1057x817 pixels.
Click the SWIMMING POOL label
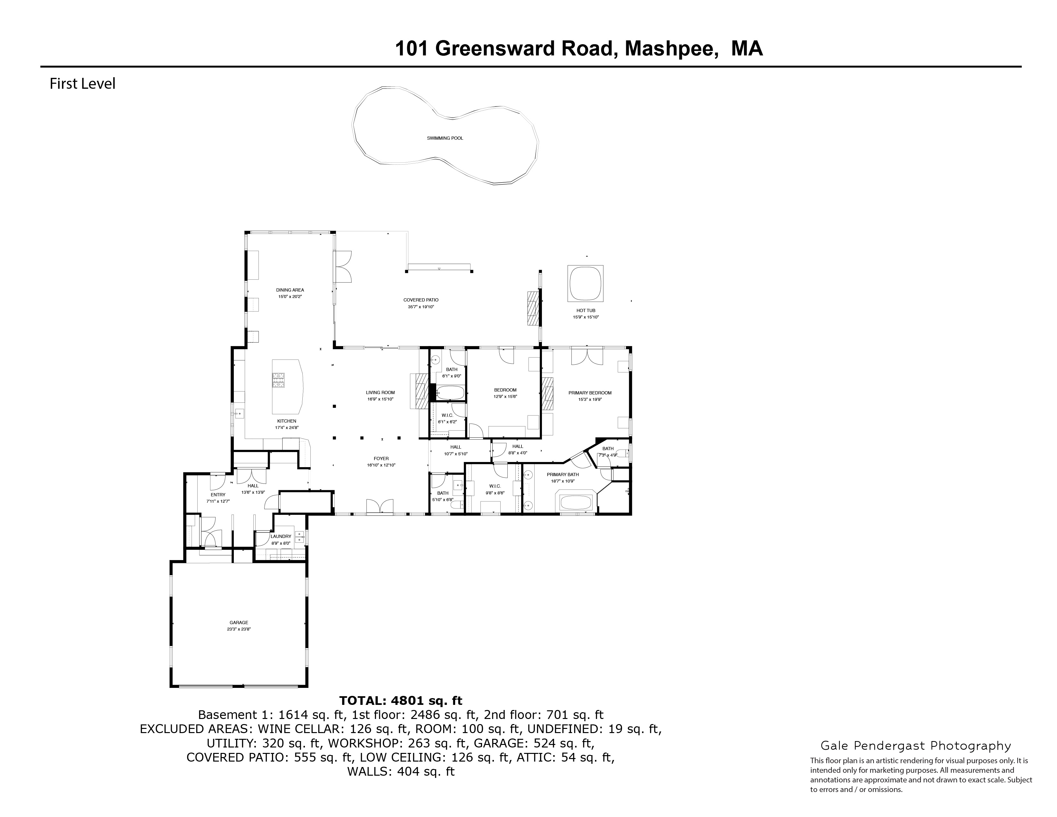(x=445, y=138)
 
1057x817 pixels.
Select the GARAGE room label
(x=239, y=623)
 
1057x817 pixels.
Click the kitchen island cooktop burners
(x=278, y=380)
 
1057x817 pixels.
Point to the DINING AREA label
(x=290, y=290)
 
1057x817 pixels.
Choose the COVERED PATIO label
(x=421, y=300)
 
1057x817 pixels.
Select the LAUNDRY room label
(x=281, y=536)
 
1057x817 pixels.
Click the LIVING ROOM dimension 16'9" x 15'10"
(x=380, y=399)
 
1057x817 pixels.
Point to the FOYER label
(x=381, y=459)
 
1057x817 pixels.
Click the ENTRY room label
(x=218, y=495)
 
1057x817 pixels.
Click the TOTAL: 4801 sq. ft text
(x=400, y=701)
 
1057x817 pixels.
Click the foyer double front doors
(x=380, y=507)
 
